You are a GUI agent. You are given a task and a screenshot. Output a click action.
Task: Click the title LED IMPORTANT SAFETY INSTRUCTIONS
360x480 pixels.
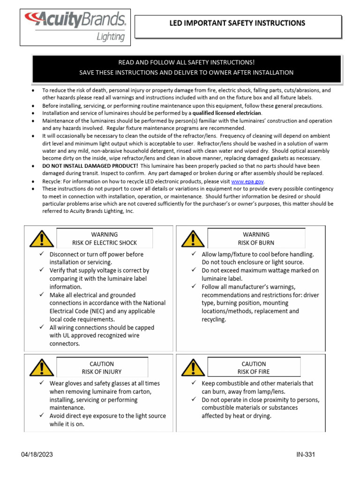click(x=238, y=23)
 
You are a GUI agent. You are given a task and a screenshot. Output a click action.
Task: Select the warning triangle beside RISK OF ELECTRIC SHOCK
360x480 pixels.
click(x=41, y=239)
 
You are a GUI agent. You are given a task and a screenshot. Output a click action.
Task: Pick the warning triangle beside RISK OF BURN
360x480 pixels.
click(x=193, y=239)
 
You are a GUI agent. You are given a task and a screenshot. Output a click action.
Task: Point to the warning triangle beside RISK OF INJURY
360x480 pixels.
click(x=41, y=368)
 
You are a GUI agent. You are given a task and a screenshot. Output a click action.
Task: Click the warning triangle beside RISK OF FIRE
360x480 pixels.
click(x=193, y=368)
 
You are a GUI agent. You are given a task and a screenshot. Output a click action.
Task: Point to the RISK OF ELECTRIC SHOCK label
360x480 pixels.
click(x=105, y=243)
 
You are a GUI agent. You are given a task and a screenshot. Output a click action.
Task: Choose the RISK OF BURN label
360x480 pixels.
click(x=256, y=243)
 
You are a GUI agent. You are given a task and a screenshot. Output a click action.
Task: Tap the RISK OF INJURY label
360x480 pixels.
click(x=102, y=372)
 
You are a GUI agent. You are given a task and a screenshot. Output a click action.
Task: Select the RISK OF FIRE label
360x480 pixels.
click(x=254, y=372)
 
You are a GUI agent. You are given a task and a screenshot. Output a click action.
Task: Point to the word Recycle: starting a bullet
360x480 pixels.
click(x=52, y=181)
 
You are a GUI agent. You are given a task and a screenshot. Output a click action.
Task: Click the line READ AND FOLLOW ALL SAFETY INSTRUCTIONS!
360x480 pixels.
click(x=186, y=62)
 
